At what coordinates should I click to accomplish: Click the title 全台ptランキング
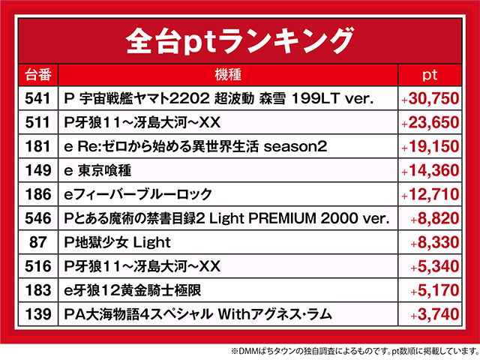point(239,37)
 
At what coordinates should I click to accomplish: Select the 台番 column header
point(37,75)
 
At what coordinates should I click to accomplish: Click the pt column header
point(430,75)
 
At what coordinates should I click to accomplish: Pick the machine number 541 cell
point(37,98)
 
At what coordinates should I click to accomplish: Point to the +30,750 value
point(430,98)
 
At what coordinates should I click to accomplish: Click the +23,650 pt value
point(430,122)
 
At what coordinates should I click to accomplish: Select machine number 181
point(37,146)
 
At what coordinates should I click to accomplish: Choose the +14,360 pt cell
point(430,170)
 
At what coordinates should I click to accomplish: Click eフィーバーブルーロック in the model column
point(138,194)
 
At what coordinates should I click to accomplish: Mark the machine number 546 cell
point(37,218)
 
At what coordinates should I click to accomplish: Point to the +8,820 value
point(434,218)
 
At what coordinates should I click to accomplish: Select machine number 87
point(37,242)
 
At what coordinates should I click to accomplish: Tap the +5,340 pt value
point(434,266)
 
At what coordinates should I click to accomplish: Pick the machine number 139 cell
point(37,314)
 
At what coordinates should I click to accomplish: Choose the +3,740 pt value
point(434,314)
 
